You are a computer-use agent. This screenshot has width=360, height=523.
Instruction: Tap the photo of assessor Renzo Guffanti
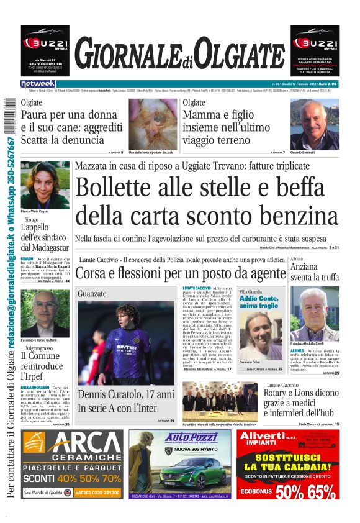(45, 314)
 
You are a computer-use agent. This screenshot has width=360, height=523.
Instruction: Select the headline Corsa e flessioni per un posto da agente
(180, 273)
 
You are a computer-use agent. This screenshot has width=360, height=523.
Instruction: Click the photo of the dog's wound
(153, 123)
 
